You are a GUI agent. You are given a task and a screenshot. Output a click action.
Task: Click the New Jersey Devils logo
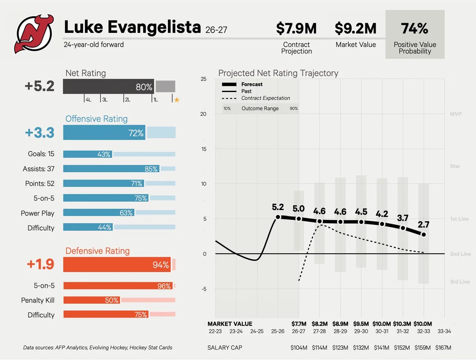[x=34, y=34]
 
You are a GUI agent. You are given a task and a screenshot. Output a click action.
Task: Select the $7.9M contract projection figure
[x=296, y=29]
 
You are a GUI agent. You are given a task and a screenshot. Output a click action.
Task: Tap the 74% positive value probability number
[x=415, y=29]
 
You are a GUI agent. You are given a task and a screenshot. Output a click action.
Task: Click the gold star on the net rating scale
[x=177, y=100]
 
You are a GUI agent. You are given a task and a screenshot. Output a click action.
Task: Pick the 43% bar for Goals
[x=88, y=154]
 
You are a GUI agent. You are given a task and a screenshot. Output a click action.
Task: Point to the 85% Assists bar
[x=111, y=169]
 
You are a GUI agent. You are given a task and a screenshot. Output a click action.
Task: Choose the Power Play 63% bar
[x=99, y=213]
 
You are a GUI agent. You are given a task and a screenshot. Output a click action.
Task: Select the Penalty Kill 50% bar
[x=92, y=300]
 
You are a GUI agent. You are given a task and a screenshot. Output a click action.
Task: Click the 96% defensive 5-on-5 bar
[x=118, y=285]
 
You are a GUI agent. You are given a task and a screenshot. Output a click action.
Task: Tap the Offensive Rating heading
[x=96, y=119]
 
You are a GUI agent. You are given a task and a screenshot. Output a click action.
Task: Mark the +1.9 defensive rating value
[x=40, y=264]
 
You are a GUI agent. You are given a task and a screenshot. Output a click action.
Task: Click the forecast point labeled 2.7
[x=424, y=234]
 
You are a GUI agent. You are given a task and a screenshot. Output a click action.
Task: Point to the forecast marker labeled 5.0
[x=299, y=219]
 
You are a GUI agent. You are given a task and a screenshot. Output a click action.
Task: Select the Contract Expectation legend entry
[x=256, y=98]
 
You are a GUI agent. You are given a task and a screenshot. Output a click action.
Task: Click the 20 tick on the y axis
[x=203, y=114]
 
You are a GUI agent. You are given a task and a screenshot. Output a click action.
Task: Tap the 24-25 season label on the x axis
[x=257, y=331]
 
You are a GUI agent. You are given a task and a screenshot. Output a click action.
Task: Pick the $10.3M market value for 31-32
[x=402, y=324]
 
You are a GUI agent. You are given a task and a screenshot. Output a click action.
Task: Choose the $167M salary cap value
[x=443, y=348]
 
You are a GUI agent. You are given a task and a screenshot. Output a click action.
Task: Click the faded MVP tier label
[x=456, y=114]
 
